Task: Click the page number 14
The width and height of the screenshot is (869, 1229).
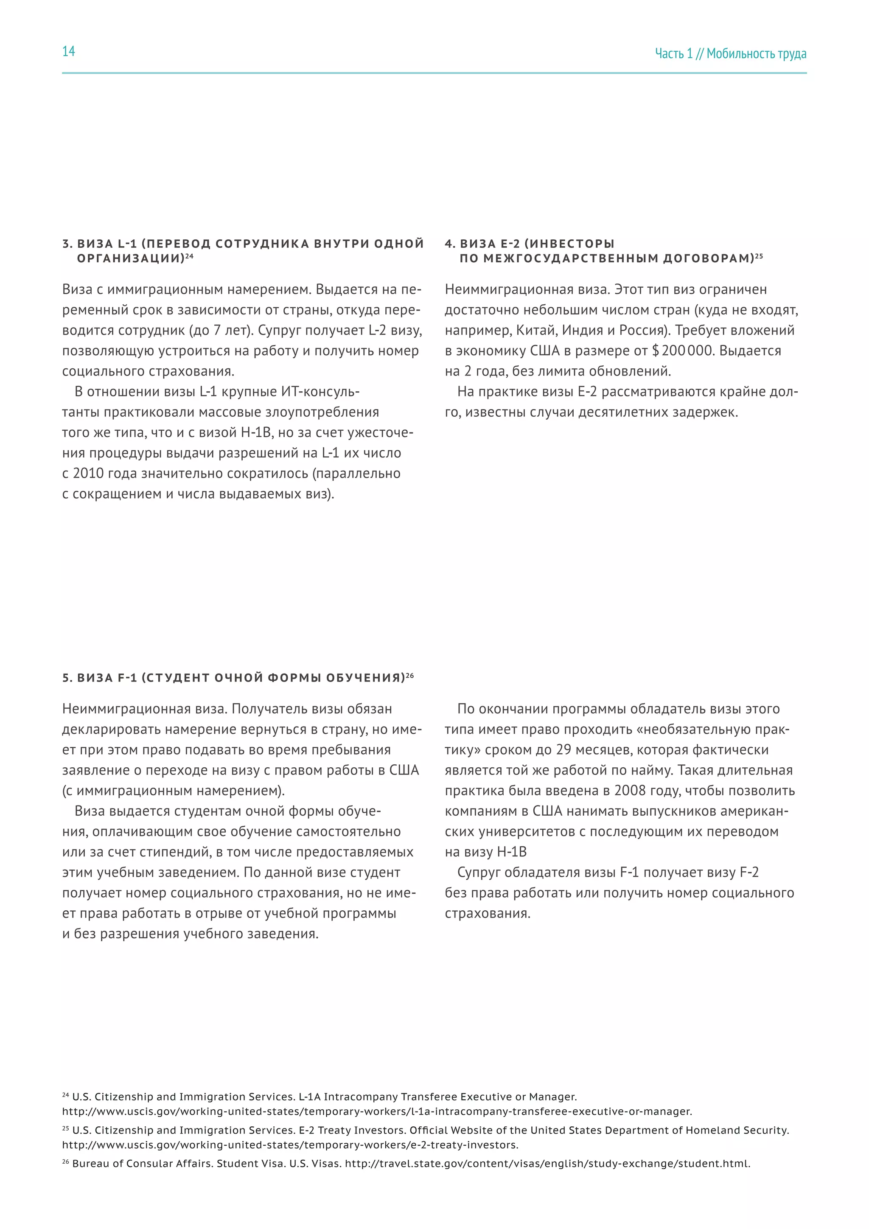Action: (68, 51)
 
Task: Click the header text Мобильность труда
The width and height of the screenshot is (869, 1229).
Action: (756, 53)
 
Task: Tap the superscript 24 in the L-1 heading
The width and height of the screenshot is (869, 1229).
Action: (189, 256)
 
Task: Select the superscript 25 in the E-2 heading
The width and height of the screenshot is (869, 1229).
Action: (759, 256)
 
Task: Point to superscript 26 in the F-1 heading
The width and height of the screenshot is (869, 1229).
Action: (410, 676)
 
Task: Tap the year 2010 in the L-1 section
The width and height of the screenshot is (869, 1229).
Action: (88, 474)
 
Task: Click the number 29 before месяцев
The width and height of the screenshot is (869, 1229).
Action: (563, 750)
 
